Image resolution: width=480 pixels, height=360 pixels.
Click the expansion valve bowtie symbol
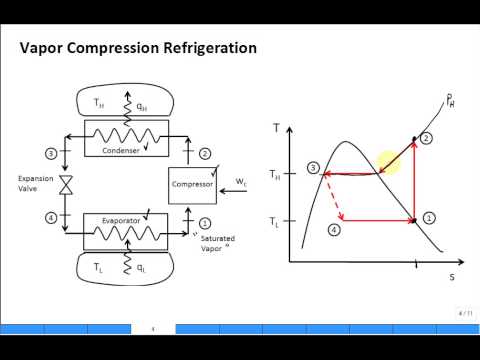click(x=64, y=185)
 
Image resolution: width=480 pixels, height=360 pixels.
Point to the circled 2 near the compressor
click(x=205, y=153)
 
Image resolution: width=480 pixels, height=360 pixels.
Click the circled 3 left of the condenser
click(x=51, y=153)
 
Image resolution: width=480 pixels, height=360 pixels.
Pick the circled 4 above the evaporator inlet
click(x=51, y=217)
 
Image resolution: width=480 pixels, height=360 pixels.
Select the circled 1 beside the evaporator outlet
click(x=205, y=223)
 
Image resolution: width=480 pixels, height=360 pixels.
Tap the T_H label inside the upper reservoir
click(x=98, y=102)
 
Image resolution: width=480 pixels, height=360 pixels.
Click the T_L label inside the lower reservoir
click(x=98, y=268)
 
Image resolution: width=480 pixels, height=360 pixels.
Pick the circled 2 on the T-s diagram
click(x=428, y=137)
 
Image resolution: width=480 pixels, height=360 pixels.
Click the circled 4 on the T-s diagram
click(x=334, y=229)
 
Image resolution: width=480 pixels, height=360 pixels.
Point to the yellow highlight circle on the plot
click(x=390, y=163)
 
